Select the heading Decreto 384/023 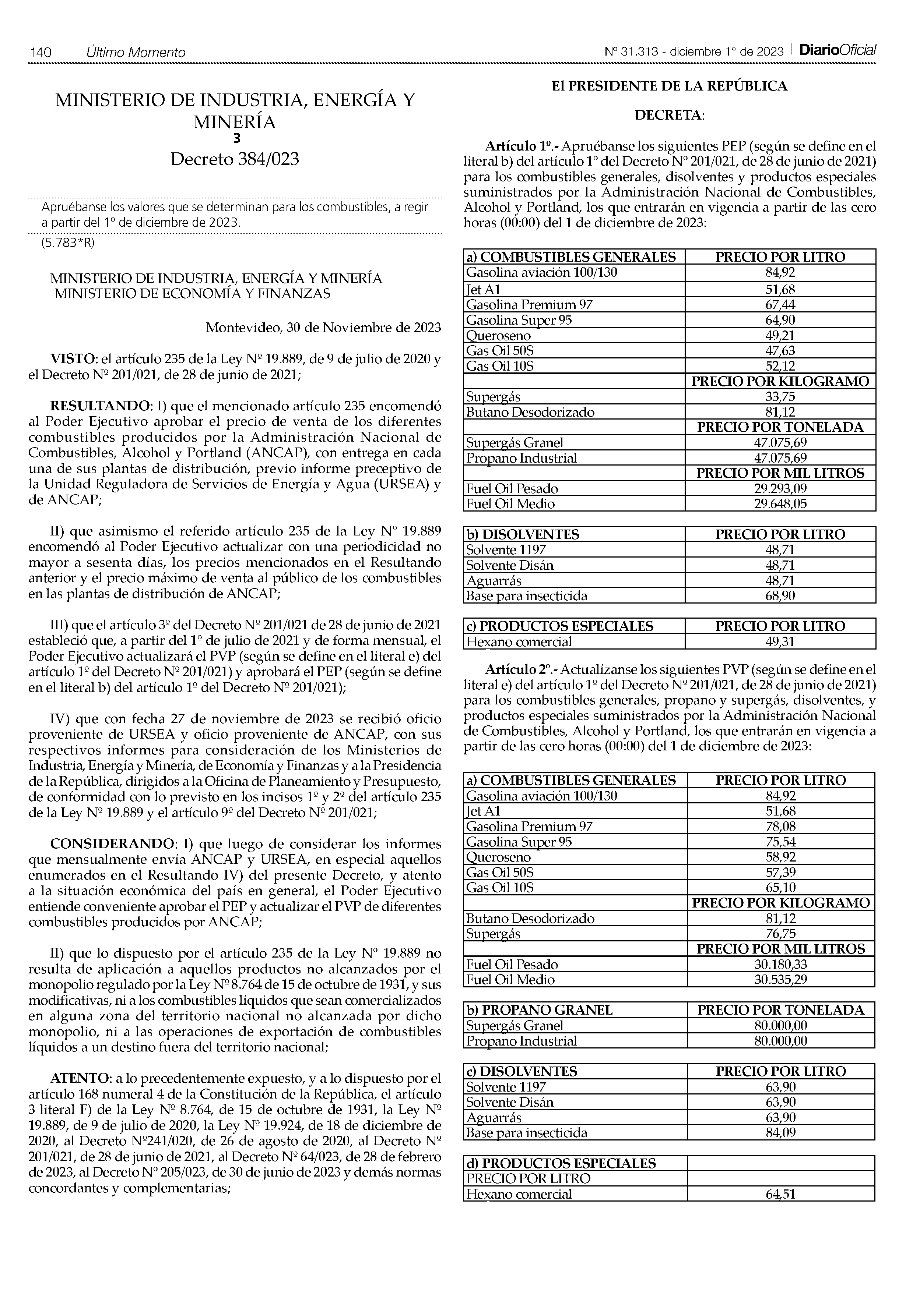235,160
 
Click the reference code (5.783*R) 68,243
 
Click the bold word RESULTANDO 99,406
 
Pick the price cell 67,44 780,305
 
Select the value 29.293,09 780,489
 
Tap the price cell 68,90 780,596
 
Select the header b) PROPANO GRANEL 539,1010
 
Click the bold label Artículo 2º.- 521,670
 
